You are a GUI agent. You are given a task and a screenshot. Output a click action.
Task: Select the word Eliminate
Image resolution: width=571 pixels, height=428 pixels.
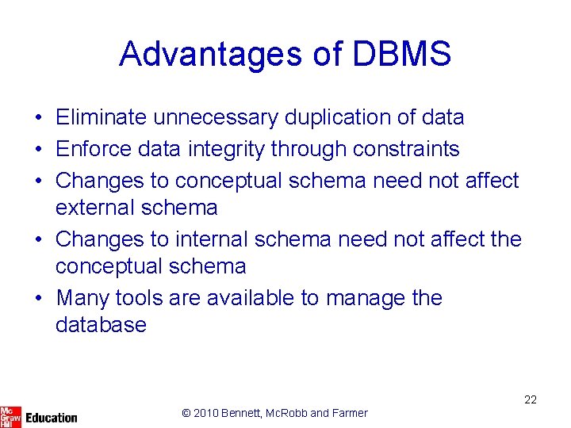[101, 117]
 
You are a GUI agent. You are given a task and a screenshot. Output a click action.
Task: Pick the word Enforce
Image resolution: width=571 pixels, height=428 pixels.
[94, 148]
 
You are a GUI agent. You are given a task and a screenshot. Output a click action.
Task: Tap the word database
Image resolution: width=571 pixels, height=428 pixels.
[101, 325]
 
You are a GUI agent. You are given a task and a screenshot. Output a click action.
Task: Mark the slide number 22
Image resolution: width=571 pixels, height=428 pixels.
[531, 399]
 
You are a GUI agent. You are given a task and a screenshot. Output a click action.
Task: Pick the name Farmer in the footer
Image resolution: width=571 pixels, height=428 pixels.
[350, 413]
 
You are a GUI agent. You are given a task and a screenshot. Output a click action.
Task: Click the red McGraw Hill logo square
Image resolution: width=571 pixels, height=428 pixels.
[10, 415]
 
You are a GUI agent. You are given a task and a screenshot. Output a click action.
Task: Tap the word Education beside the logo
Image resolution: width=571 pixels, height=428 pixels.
[52, 417]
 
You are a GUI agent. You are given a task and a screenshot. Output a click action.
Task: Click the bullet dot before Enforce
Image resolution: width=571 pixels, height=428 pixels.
[38, 149]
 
